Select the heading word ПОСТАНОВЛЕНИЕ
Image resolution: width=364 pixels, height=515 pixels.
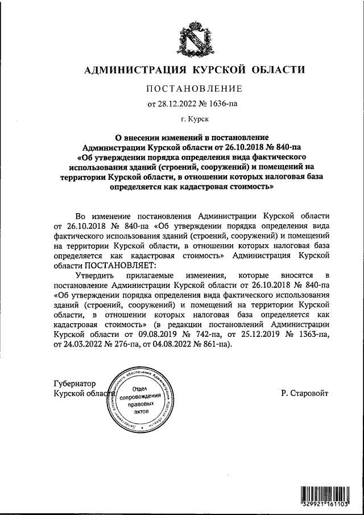[x=195, y=89]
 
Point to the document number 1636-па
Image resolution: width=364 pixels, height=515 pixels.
[x=226, y=104]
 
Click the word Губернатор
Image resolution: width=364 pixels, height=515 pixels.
[x=75, y=384]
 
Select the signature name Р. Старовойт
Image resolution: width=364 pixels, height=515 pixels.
[x=305, y=393]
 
